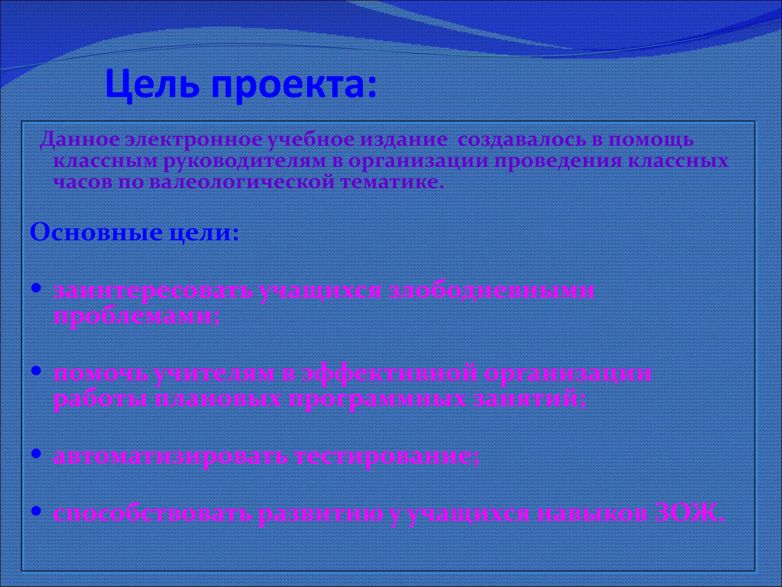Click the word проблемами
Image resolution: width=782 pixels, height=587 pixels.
(x=136, y=316)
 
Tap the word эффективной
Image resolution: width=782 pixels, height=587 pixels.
(x=389, y=373)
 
